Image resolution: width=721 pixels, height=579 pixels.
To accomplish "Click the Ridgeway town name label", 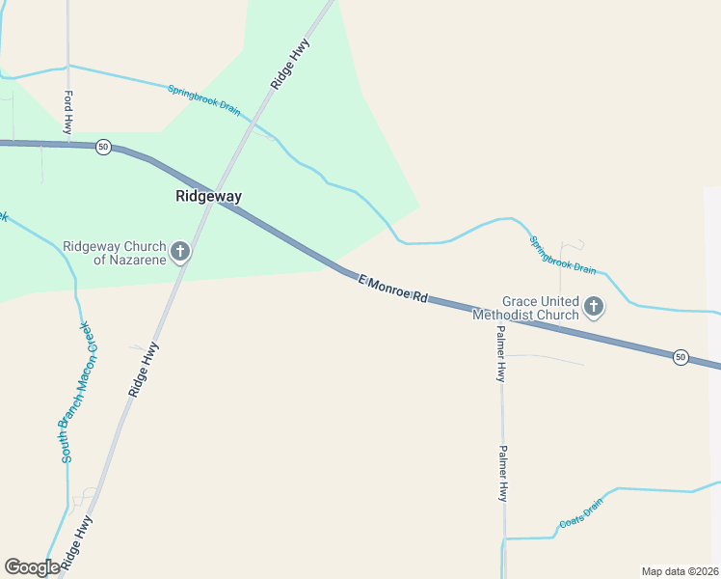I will (x=208, y=196).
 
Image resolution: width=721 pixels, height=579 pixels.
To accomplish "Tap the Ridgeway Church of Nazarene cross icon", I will (x=180, y=253).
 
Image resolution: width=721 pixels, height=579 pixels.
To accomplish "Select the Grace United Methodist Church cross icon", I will (x=595, y=308).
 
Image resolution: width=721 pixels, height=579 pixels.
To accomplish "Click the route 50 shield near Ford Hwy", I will (x=104, y=147).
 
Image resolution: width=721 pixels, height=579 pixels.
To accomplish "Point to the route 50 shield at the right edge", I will (x=681, y=357).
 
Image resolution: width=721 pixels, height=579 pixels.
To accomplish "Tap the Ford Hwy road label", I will (x=68, y=113).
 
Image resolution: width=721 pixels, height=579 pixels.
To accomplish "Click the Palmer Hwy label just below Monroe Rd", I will (x=501, y=353).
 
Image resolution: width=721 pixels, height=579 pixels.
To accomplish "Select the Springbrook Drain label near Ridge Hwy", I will (x=204, y=100).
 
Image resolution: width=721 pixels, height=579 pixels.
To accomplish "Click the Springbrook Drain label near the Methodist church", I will (x=563, y=255).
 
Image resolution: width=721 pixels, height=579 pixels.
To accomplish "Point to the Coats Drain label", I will (x=580, y=513).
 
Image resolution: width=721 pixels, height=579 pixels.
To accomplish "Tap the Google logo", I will (x=32, y=567).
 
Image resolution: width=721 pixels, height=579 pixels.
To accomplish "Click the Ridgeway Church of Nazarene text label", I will (x=113, y=253).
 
